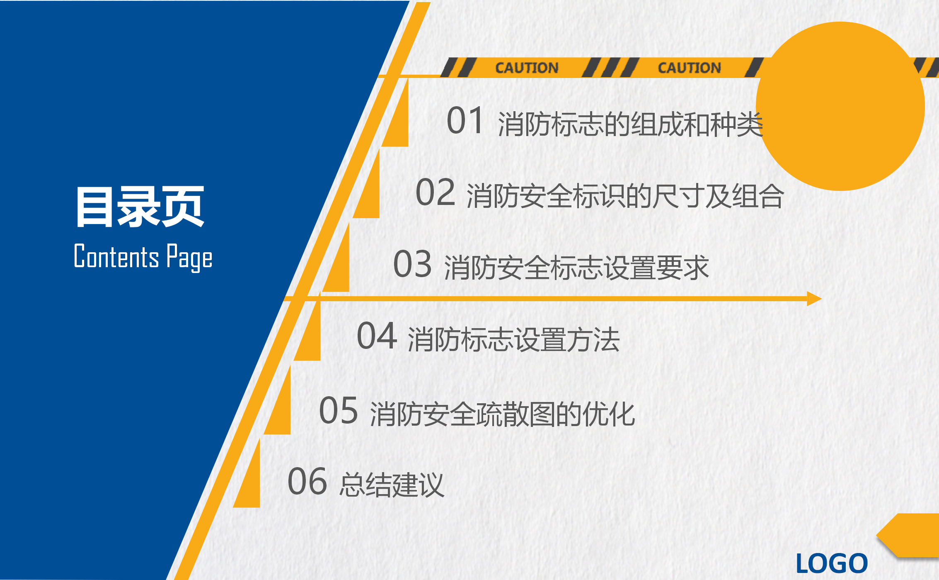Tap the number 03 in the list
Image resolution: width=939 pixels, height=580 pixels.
(412, 264)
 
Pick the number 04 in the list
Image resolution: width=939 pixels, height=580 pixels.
(377, 336)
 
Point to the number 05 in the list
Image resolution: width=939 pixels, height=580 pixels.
(338, 410)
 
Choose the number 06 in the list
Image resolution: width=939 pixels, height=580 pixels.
(307, 481)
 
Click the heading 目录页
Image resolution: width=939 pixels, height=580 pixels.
(140, 207)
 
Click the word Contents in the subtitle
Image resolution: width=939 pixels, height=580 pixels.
(116, 256)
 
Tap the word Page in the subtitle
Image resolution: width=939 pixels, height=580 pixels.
(189, 258)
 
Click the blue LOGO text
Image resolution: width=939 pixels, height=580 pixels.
(832, 563)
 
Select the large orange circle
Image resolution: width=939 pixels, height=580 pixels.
(840, 106)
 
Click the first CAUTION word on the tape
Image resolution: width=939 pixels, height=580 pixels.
(527, 68)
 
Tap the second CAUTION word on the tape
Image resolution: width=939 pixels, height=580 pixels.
(690, 68)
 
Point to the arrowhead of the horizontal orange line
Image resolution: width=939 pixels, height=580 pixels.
(814, 299)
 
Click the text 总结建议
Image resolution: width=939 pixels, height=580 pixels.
(392, 485)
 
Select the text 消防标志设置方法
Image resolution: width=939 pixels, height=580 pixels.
(514, 339)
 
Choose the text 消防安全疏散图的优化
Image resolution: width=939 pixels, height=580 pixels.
(502, 414)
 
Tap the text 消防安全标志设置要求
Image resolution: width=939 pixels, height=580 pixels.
(576, 268)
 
